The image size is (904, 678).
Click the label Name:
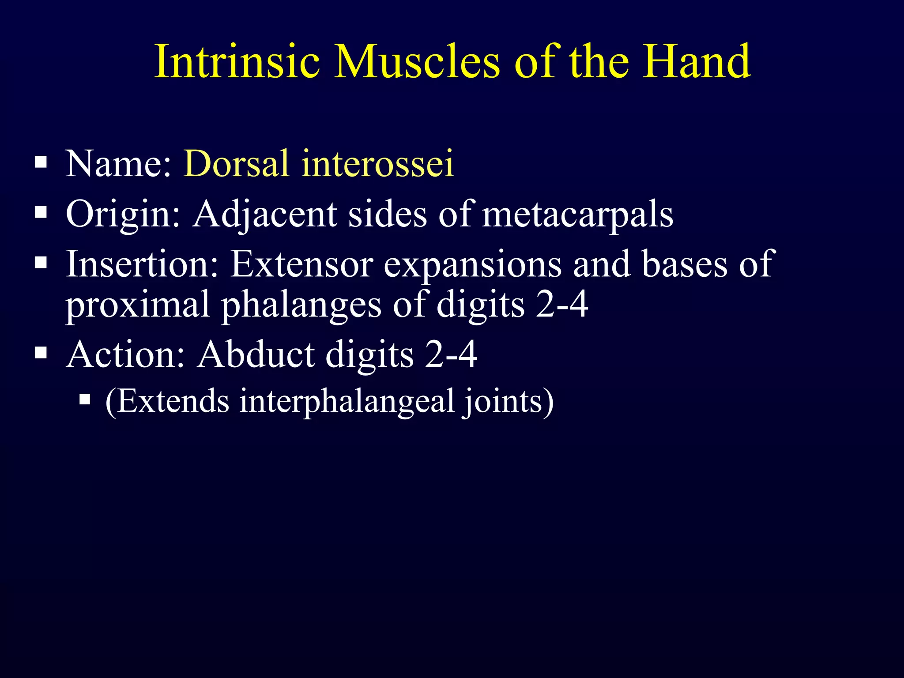coord(118,164)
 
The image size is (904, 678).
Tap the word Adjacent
coord(265,214)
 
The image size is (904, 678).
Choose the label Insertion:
coord(142,264)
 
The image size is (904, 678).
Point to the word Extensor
coord(302,264)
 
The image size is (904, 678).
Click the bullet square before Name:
coord(41,162)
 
